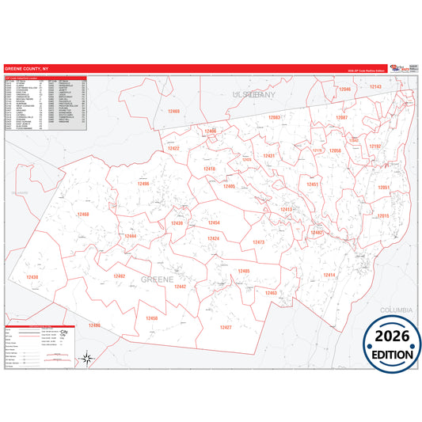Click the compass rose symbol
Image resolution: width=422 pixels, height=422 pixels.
coord(89,359)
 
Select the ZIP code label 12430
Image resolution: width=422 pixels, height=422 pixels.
coord(32,277)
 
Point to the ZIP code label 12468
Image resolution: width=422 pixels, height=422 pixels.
coord(83,215)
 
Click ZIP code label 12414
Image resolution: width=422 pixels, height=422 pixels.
coord(329,275)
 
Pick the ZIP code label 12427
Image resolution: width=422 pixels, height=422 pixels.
coord(226,327)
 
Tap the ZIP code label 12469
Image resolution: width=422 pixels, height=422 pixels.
coord(174,112)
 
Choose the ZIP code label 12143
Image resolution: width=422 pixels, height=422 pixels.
coord(376,86)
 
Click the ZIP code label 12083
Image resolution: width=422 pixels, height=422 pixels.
coord(274,117)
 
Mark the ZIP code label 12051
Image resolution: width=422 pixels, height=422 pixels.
coord(383,188)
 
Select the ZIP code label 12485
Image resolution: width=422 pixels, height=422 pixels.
coord(244,271)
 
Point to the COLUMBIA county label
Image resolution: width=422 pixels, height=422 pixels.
coord(397,310)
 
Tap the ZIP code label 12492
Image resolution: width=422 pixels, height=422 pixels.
coord(120,276)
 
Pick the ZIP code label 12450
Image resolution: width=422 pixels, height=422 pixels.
coord(152,318)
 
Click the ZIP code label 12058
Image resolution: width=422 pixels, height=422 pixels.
coord(334,150)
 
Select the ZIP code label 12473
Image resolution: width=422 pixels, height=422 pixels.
coord(258,242)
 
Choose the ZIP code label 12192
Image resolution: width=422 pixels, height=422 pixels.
coord(375,146)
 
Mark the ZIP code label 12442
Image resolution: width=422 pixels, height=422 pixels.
coord(180,287)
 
